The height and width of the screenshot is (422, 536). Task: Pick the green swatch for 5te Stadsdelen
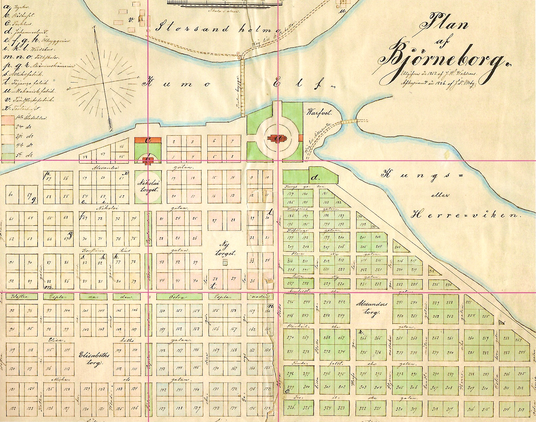pyautogui.click(x=7, y=154)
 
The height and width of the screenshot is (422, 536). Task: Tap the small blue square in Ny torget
pyautogui.click(x=225, y=263)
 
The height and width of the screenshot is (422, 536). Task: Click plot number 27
pyautogui.click(x=214, y=221)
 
